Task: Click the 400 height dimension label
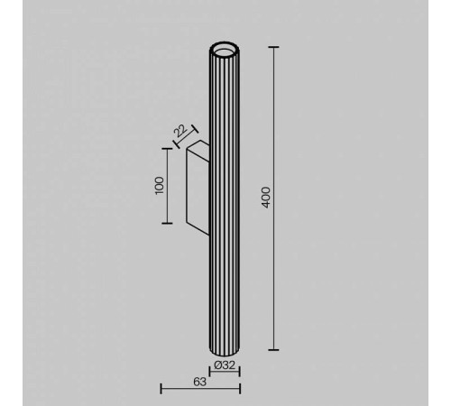pos(265,198)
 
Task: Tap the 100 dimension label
pos(160,185)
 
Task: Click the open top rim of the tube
pos(225,47)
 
